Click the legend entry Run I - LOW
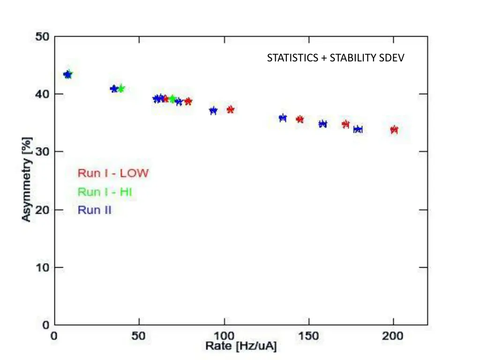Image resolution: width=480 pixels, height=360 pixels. (113, 173)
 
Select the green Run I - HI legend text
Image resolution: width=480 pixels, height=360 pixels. (105, 192)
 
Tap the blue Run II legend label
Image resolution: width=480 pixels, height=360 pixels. (94, 210)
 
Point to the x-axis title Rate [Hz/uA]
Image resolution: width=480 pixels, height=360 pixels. (241, 346)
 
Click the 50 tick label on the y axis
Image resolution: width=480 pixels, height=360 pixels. (43, 37)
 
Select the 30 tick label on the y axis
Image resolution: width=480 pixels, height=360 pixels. (43, 152)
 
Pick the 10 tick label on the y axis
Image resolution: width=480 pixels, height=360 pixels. (43, 268)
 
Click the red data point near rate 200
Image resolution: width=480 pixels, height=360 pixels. (394, 130)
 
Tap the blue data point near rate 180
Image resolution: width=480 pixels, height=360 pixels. (358, 129)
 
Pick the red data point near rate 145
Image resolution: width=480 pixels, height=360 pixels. (300, 120)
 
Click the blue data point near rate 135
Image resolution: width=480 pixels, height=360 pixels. (283, 118)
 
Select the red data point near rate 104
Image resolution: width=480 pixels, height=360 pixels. (231, 110)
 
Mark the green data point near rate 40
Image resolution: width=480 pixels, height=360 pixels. (121, 89)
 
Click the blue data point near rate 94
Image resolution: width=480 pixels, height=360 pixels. (213, 111)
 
